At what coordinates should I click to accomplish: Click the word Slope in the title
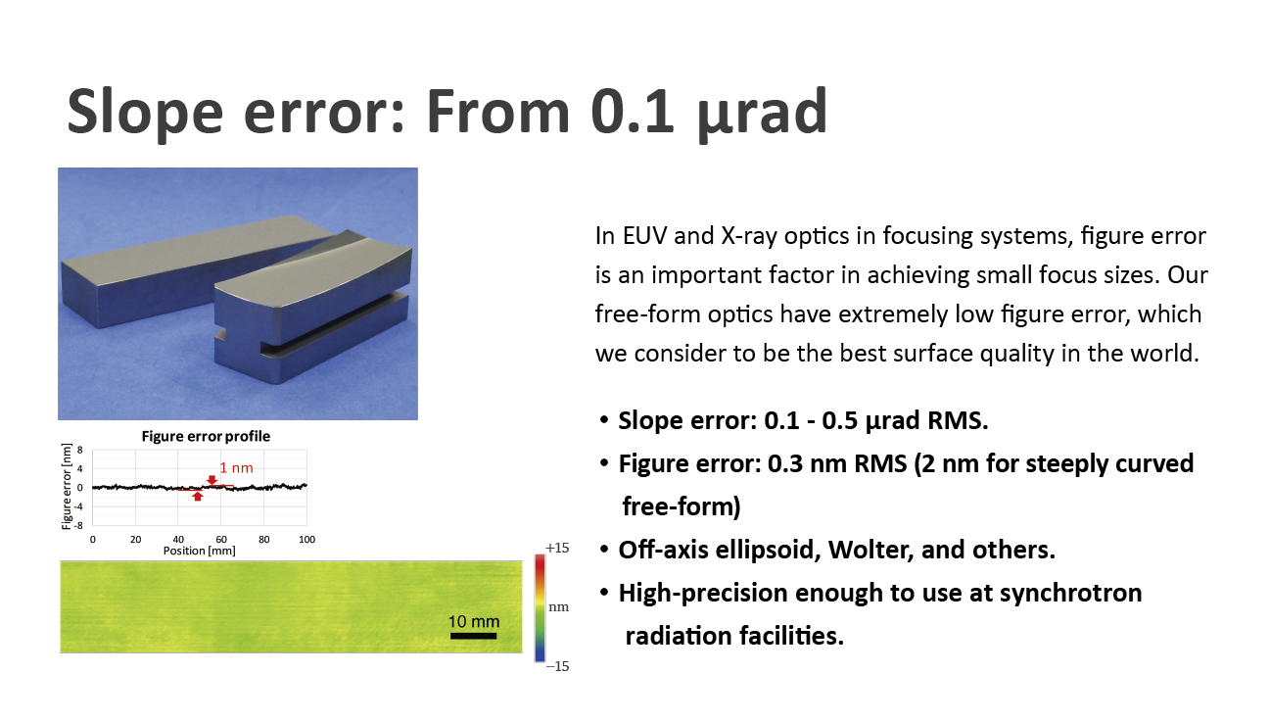pos(145,113)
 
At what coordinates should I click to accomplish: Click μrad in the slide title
pos(763,113)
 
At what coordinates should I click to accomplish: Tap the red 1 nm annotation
pos(236,468)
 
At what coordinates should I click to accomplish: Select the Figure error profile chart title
pos(206,436)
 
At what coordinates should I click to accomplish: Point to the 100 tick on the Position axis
pos(306,540)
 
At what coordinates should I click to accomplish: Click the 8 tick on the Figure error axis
pos(80,451)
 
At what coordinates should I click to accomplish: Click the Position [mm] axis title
pos(199,551)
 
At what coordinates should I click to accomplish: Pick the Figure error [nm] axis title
pos(67,487)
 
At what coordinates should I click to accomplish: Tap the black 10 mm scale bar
pos(473,636)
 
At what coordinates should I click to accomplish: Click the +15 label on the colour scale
pos(557,548)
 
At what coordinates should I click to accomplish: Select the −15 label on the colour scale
pos(557,666)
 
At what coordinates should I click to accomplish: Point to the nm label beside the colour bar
pos(558,607)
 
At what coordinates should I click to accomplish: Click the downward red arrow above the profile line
pos(212,480)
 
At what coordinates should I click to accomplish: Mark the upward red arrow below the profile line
pos(197,497)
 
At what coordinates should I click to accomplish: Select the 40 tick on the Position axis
pos(178,540)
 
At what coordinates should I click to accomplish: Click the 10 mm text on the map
pos(474,622)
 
